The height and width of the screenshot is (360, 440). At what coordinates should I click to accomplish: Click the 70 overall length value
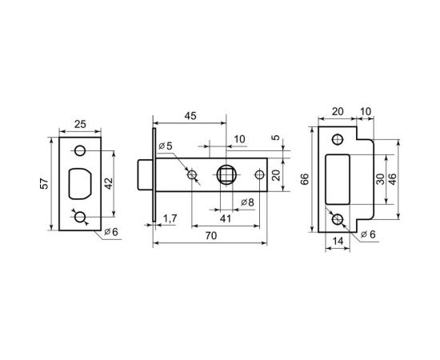209,236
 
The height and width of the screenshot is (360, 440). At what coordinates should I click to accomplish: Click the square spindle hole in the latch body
226,174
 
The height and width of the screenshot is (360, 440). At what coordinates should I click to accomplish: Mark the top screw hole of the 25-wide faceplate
80,152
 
